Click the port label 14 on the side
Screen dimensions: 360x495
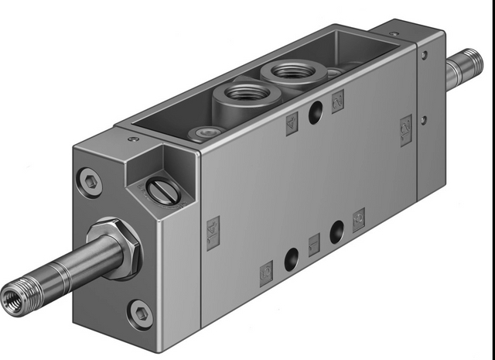[213, 233]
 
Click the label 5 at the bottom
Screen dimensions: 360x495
[266, 272]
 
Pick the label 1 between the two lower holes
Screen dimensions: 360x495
[314, 244]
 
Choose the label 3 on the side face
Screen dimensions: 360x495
[359, 221]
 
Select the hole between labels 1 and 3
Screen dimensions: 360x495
[336, 232]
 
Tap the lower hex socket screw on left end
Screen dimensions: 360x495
[140, 313]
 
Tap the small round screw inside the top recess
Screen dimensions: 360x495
[206, 132]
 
